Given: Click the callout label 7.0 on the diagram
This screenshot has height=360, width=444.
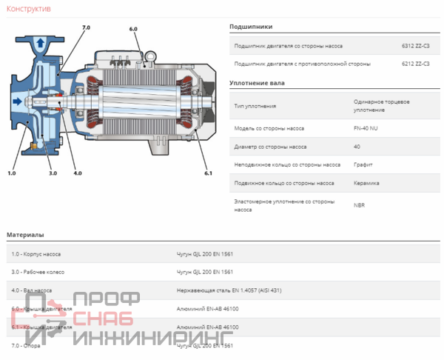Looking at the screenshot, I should pos(86,27).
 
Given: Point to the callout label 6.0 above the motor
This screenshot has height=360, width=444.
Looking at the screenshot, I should pos(133,29).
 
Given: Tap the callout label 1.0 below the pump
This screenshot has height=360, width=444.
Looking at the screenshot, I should pos(11,173).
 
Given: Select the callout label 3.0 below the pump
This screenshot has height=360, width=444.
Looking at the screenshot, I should pos(53,173).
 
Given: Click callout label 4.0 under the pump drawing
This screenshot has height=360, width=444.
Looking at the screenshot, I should pos(78,173).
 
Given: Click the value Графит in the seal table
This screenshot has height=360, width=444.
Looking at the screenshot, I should pos(363,164).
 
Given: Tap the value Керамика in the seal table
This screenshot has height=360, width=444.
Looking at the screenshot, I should pos(366,182).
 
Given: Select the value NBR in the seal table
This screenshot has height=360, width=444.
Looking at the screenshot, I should pos(359,204).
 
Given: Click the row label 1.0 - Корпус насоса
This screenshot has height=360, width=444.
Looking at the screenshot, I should pos(36,254).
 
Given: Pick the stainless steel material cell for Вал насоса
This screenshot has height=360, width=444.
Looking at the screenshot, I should pos(229,290).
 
